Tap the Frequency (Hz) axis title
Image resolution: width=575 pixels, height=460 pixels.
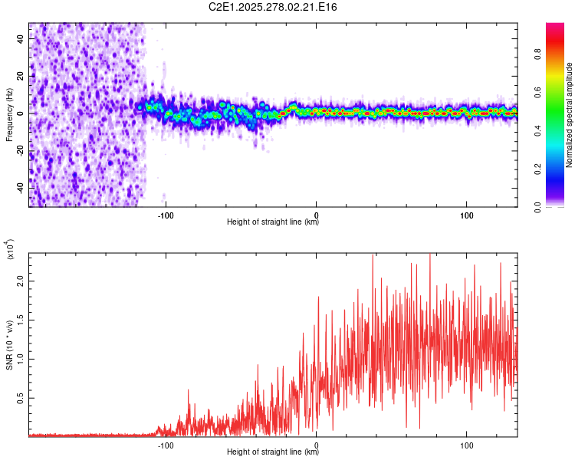[x=9, y=115]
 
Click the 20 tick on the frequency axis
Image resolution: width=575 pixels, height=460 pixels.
[x=21, y=76]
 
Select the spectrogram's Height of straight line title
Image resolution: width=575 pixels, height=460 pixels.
[x=273, y=222]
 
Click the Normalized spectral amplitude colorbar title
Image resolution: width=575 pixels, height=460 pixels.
[x=570, y=115]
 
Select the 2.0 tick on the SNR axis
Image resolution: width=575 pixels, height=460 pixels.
[x=21, y=281]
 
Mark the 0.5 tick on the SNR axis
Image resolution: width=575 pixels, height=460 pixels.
[x=21, y=399]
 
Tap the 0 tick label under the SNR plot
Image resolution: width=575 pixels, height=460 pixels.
[x=317, y=444]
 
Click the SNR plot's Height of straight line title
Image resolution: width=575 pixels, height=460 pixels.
[x=273, y=452]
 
